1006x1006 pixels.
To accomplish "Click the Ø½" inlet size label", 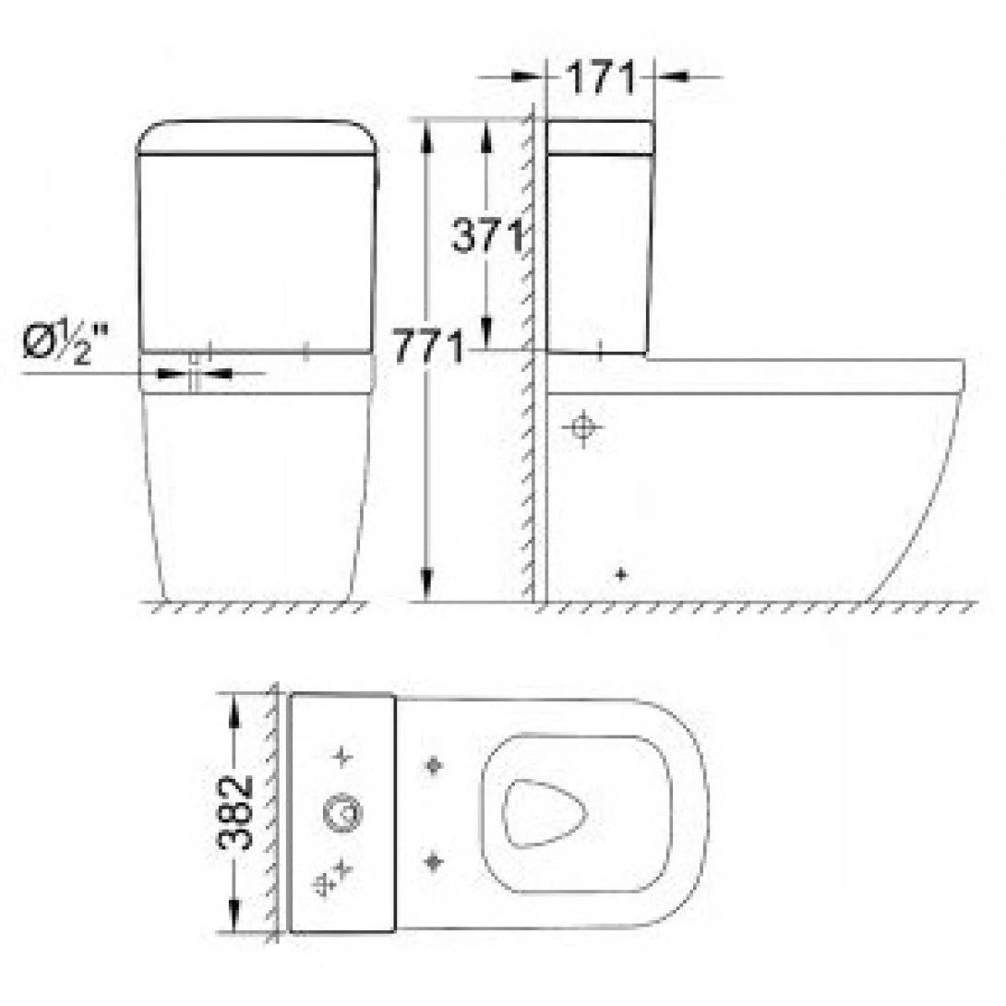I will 64,343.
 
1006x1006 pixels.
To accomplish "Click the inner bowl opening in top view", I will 546,812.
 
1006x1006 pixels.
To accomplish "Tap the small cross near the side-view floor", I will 621,574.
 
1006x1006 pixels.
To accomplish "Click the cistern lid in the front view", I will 257,138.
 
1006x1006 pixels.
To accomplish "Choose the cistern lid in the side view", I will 601,137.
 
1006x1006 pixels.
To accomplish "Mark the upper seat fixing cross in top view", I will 432,765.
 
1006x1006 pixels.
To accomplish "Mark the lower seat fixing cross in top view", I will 432,861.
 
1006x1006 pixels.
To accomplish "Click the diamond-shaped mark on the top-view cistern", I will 324,884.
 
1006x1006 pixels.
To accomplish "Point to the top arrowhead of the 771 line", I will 425,129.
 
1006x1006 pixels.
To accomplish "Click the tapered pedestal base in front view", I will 257,498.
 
